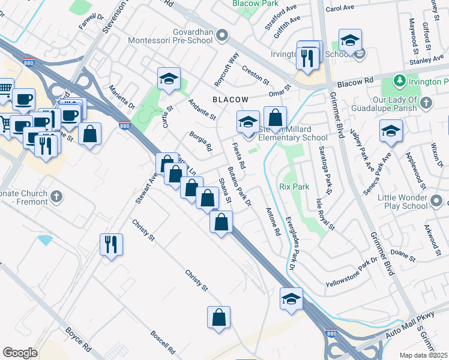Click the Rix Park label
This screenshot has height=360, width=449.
(294, 187)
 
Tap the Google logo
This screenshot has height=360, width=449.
(20, 353)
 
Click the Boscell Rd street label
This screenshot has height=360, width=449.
(162, 341)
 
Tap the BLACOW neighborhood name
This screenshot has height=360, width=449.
(230, 99)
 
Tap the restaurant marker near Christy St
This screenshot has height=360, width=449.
(111, 244)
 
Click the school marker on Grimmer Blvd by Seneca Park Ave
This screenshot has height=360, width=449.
(391, 131)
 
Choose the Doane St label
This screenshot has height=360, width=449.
(403, 256)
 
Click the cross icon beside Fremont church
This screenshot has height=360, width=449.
(56, 196)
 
